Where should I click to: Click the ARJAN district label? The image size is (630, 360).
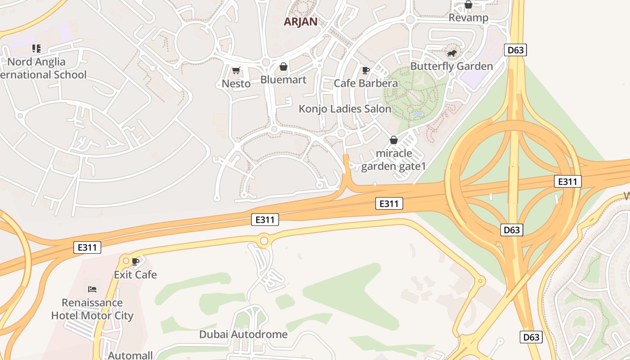(x=300, y=21)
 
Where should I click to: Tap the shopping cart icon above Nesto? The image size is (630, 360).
(x=236, y=70)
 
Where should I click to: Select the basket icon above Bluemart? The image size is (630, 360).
(x=283, y=67)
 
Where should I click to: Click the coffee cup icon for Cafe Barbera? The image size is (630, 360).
(x=365, y=70)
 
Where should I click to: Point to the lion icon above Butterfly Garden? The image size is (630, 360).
(x=452, y=54)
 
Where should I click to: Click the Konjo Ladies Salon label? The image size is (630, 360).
(x=345, y=109)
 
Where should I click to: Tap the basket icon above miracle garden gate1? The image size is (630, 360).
(x=394, y=140)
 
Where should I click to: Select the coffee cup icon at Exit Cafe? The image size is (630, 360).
(x=135, y=261)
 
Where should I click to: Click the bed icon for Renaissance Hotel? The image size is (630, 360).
(x=92, y=289)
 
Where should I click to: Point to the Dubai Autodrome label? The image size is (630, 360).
(x=243, y=334)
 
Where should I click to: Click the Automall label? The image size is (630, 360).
(x=130, y=355)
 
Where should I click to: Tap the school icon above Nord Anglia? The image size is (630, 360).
(x=36, y=49)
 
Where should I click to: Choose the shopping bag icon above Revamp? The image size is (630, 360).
(x=468, y=5)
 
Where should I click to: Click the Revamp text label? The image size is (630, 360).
(x=468, y=18)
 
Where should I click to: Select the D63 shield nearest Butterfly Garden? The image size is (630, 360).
(x=515, y=50)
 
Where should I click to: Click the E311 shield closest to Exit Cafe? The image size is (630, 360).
(x=87, y=247)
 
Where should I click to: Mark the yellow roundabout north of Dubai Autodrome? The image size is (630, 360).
(x=264, y=241)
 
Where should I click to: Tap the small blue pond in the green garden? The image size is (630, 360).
(x=417, y=115)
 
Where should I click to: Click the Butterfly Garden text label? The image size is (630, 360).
(x=451, y=66)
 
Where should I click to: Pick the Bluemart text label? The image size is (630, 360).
(x=283, y=80)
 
